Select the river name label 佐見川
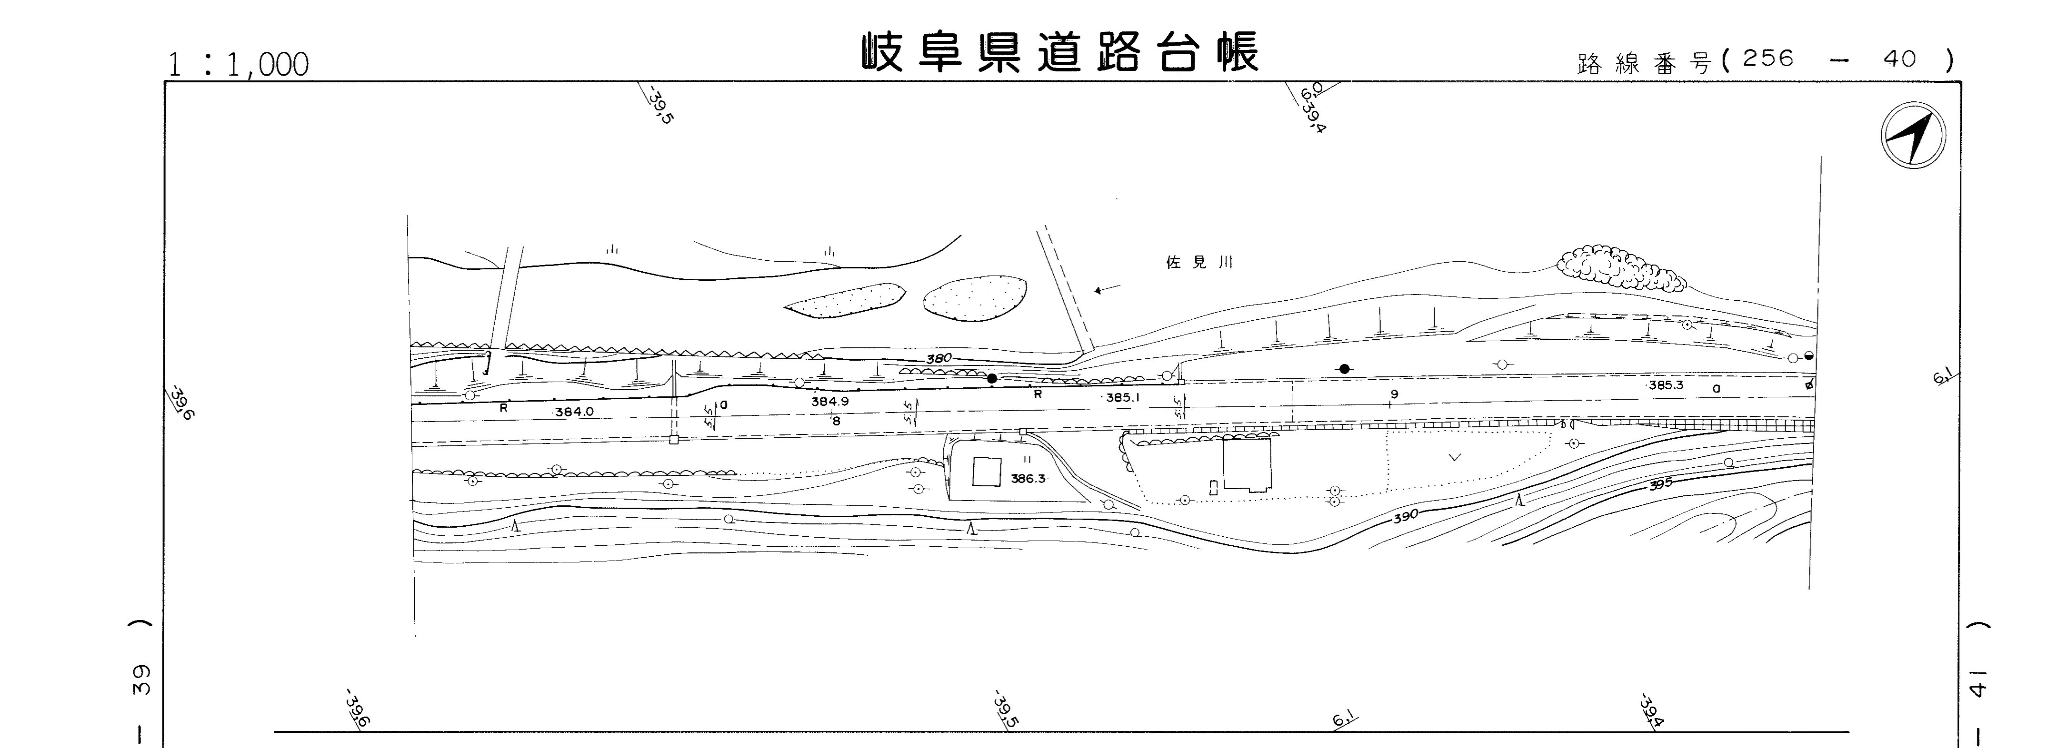point(1198,263)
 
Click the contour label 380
point(939,359)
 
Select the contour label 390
point(1405,517)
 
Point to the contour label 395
point(1660,483)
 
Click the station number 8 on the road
point(836,422)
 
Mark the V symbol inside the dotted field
point(1455,457)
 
